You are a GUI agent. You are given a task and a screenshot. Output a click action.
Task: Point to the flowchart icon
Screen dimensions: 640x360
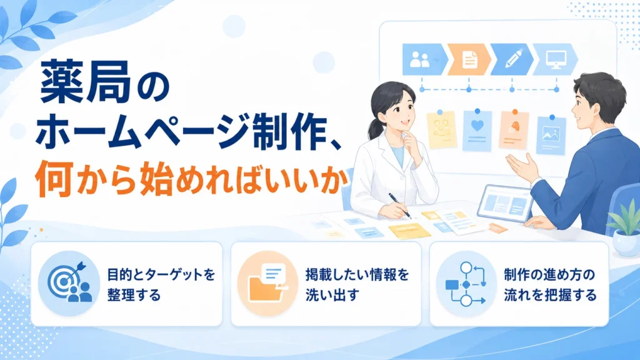pos(466,284)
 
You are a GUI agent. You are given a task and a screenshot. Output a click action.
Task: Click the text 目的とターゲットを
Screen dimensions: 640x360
pos(161,275)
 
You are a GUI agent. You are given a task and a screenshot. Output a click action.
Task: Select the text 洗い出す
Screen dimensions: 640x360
pos(332,295)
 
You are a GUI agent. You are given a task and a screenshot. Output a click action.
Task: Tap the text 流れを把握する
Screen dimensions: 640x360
pos(550,295)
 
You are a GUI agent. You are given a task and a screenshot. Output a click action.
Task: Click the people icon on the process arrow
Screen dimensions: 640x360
pos(419,60)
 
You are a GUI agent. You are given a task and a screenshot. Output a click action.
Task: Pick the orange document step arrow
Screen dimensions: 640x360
pos(469,59)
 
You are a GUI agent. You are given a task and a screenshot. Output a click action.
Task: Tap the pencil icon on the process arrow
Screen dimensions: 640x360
pos(514,59)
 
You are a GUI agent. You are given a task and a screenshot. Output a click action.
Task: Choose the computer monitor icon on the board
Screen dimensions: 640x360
pos(556,59)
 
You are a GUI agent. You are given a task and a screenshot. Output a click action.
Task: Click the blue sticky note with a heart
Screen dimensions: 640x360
pos(477,131)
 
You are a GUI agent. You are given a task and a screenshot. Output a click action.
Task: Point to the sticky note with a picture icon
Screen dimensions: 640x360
pos(551,136)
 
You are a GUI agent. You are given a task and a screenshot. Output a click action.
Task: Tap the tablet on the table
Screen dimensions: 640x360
pos(505,203)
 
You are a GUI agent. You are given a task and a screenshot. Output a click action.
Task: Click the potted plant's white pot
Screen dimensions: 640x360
pos(626,243)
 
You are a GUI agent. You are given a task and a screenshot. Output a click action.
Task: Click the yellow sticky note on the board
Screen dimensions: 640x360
pos(442,130)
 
